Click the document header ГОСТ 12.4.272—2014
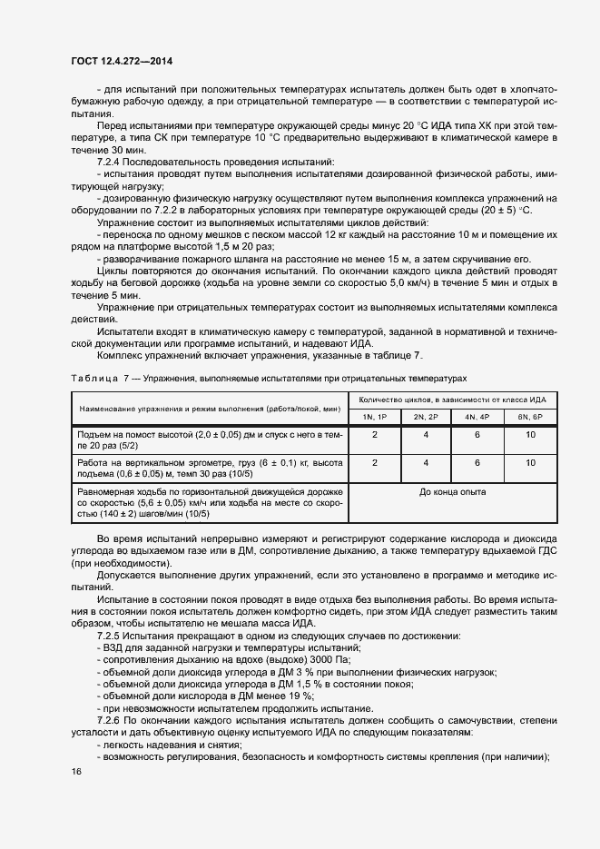(x=121, y=62)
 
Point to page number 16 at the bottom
(x=75, y=771)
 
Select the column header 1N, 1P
(x=375, y=416)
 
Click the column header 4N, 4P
(x=477, y=416)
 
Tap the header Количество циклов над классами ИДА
(x=452, y=400)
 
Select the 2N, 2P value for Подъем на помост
(x=427, y=435)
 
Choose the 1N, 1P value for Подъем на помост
(x=375, y=435)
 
